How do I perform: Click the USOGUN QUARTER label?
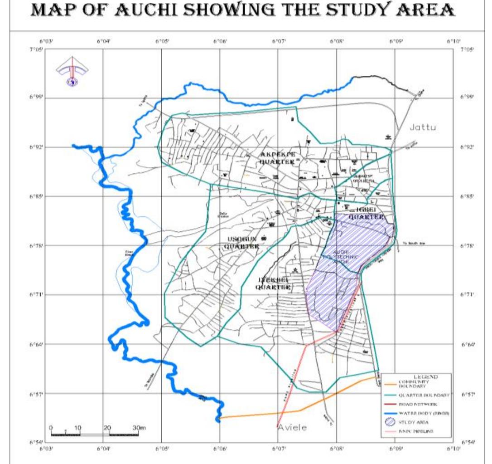(x=241, y=243)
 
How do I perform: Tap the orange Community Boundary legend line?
(x=389, y=384)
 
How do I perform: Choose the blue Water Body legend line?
(x=389, y=413)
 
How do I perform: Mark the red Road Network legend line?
(x=389, y=404)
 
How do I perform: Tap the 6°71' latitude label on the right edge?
(x=467, y=295)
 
